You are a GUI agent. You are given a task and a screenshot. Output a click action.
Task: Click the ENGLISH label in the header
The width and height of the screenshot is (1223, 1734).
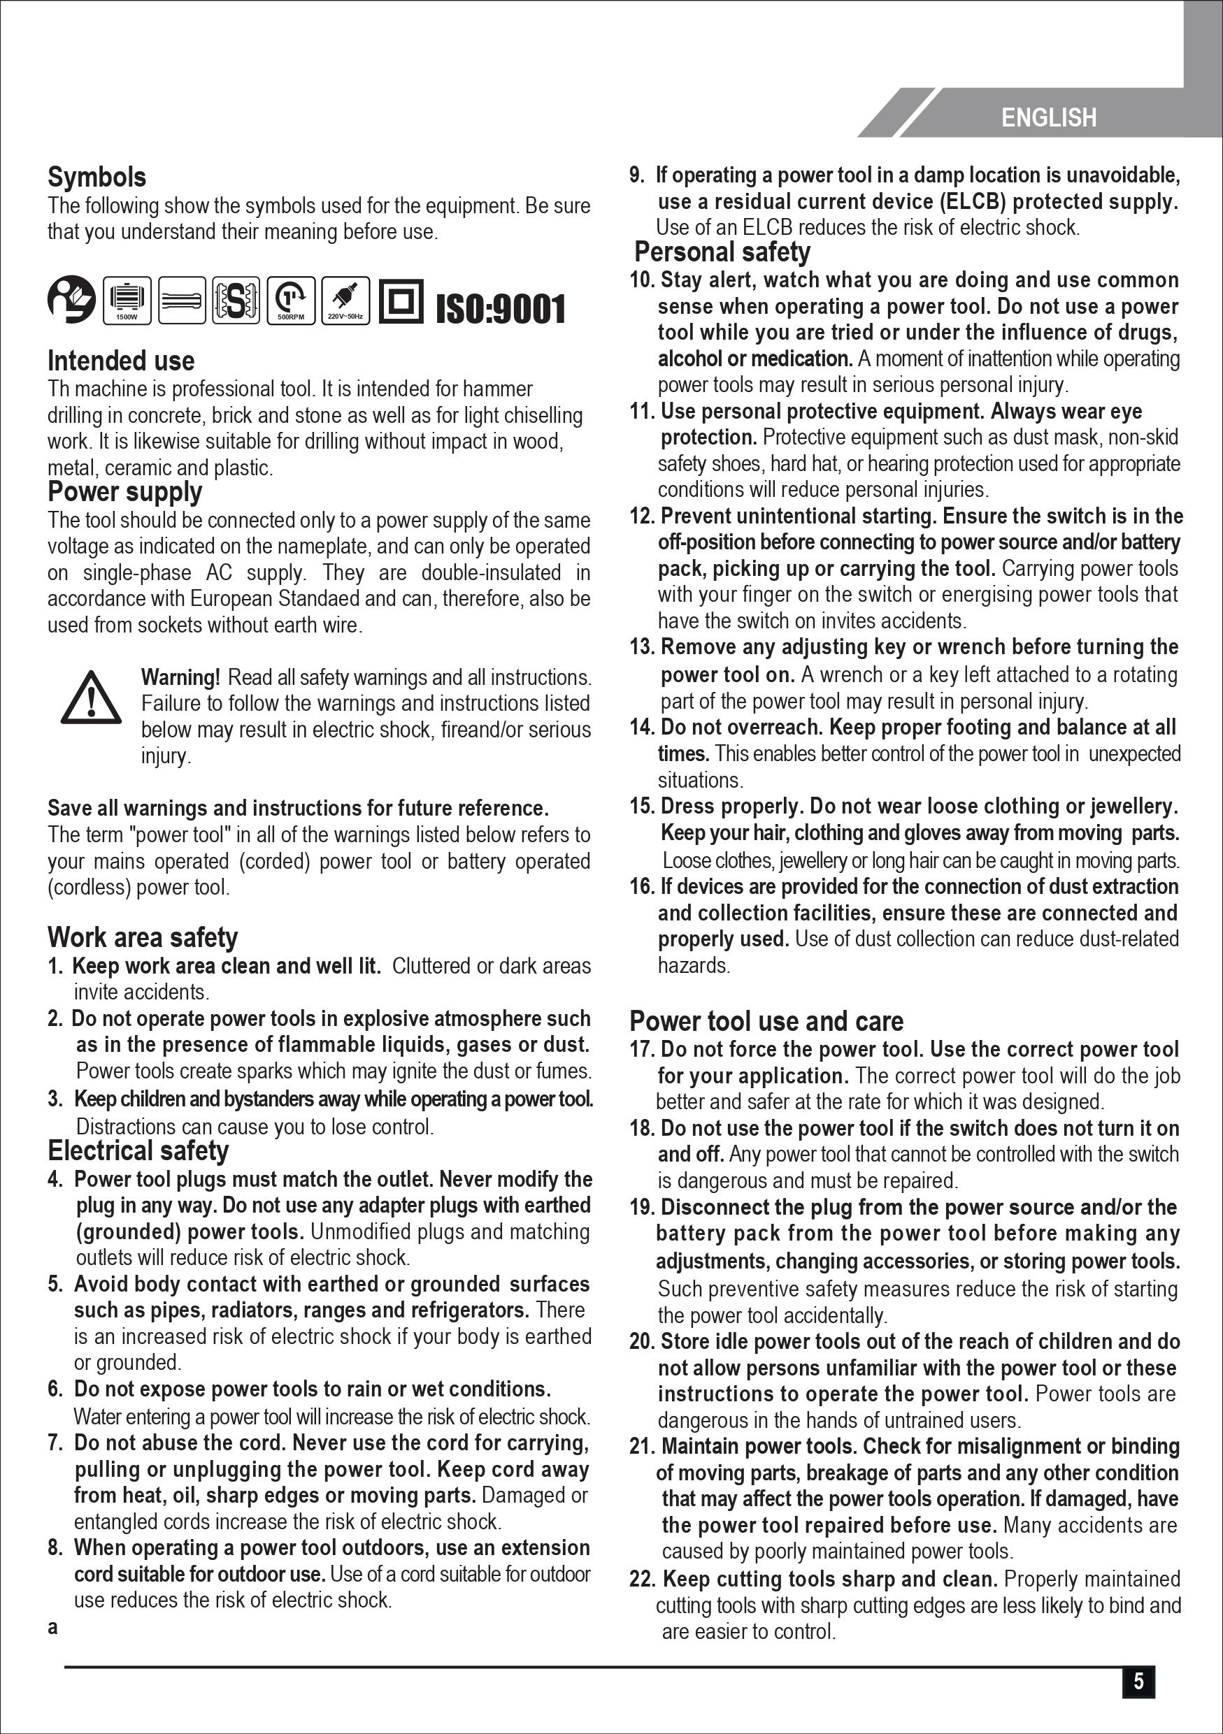1047,118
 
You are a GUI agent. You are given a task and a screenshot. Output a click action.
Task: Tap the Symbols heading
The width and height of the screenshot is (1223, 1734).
96,178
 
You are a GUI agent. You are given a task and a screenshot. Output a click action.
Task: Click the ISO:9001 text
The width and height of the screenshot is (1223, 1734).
500,309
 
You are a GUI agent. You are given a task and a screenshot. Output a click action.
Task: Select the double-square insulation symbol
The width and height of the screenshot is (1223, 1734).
401,301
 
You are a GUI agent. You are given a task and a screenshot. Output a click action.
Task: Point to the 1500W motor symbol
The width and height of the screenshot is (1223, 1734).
127,301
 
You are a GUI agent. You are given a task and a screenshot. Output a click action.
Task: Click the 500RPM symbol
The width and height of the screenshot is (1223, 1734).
291,301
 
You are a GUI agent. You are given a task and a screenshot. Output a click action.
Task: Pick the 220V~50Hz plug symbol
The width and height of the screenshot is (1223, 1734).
345,301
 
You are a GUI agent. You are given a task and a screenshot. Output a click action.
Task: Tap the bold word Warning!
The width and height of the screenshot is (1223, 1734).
180,677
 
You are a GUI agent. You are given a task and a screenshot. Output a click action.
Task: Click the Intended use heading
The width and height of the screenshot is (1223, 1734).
121,361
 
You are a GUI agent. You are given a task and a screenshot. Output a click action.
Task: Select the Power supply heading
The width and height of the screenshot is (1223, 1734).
124,491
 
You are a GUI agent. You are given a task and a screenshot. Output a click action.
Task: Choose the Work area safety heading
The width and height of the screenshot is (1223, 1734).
143,937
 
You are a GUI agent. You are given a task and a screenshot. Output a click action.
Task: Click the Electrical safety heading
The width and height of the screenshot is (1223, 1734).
138,1150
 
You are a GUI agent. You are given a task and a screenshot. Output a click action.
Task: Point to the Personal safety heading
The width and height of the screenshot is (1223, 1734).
722,252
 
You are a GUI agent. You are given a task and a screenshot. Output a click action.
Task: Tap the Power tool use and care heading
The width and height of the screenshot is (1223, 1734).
766,1021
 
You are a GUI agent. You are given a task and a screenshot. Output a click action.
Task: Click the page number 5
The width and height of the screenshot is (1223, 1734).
1138,1681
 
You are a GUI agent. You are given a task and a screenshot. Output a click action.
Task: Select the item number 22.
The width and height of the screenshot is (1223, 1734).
643,1579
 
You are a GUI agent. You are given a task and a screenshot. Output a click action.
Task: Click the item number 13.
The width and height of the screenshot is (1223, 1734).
643,647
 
